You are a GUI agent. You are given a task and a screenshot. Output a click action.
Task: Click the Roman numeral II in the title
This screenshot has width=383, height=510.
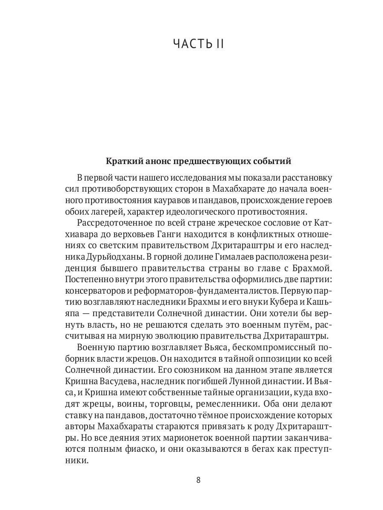[217, 44]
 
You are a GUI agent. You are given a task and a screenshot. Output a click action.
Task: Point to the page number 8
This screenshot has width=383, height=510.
[198, 480]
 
